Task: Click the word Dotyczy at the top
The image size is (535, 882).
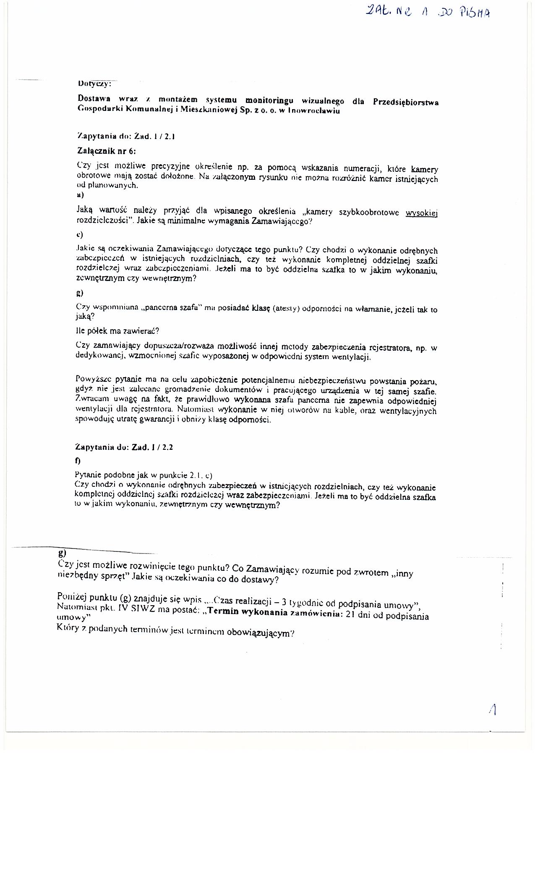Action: [x=94, y=83]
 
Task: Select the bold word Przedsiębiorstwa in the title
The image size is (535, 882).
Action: [x=405, y=103]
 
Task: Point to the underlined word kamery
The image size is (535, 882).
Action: [x=424, y=169]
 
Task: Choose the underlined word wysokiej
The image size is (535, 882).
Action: [x=422, y=213]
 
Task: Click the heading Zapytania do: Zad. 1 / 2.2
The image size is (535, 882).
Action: [x=124, y=447]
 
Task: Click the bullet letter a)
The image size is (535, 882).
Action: [x=80, y=194]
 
